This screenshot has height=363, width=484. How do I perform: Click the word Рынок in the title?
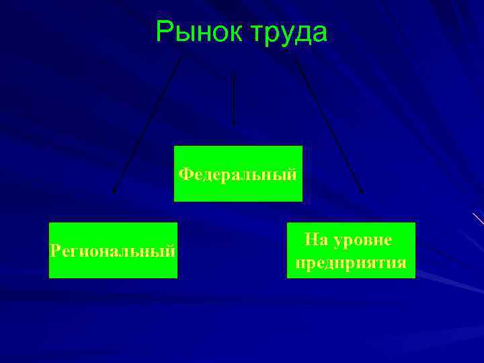tap(195, 32)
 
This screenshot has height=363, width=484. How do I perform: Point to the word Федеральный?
tap(238, 175)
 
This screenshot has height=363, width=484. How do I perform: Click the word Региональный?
tap(113, 251)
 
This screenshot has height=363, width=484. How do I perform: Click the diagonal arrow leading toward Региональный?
tap(148, 124)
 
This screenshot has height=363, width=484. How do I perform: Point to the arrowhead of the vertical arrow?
tap(233, 124)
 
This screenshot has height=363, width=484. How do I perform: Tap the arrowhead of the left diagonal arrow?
tap(114, 191)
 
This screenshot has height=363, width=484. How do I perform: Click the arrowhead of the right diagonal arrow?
tap(361, 191)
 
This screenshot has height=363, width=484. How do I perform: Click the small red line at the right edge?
tap(478, 218)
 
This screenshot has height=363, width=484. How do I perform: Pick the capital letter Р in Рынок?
tap(164, 32)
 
